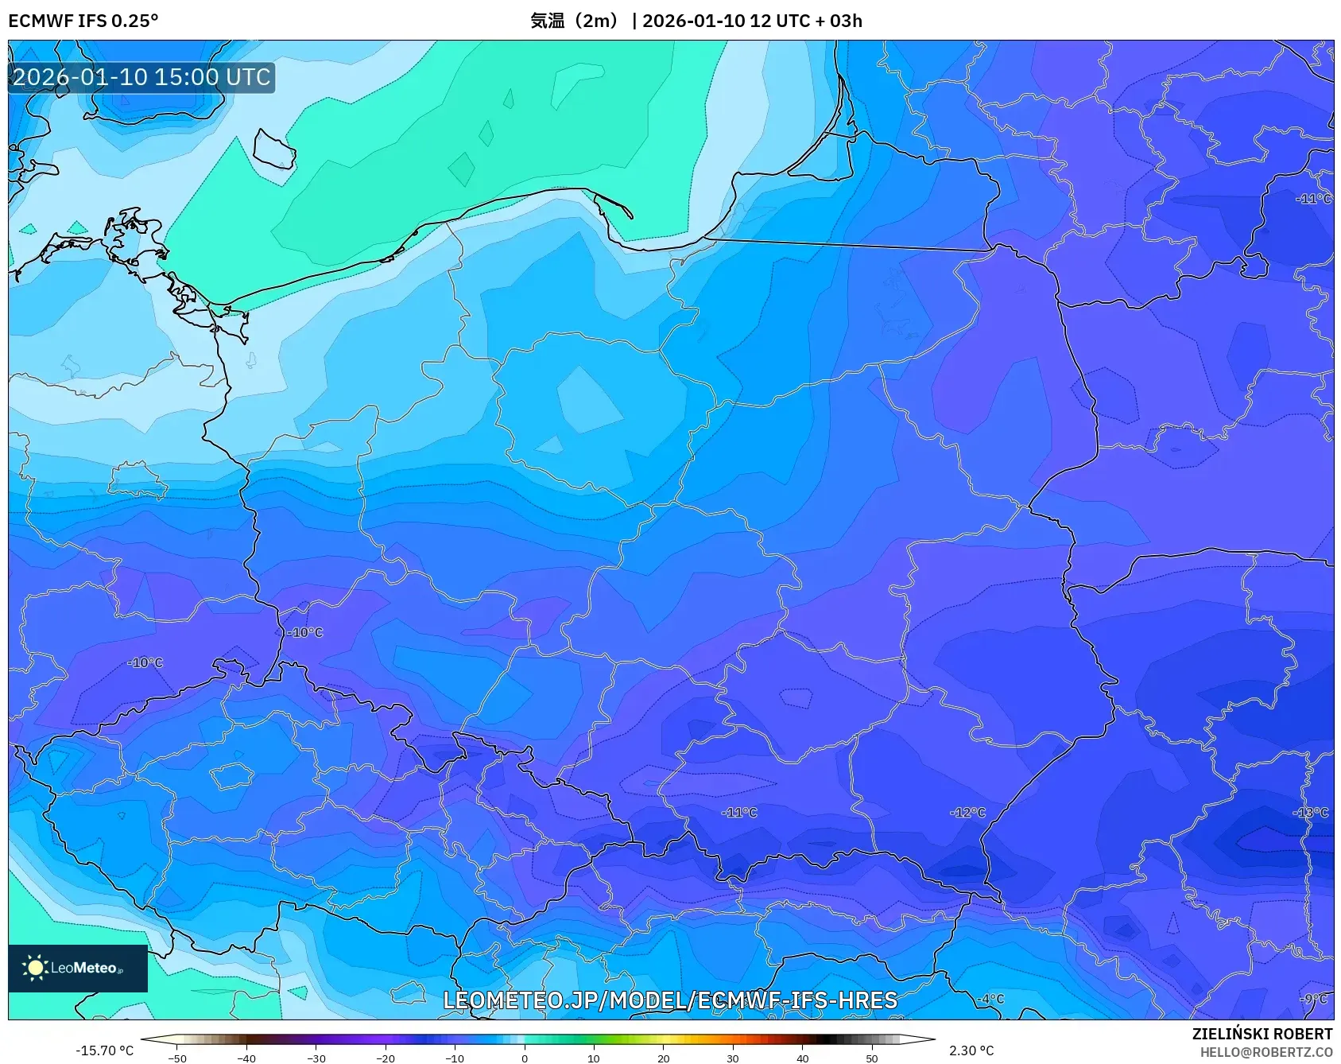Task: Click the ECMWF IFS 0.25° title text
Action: (x=83, y=21)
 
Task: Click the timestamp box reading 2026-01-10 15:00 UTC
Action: (x=141, y=77)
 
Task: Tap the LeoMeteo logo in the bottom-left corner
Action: (x=78, y=968)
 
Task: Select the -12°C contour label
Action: (x=967, y=813)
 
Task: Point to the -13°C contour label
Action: (x=1311, y=813)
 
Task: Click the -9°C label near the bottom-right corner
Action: (x=1314, y=1000)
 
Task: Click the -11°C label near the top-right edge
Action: (x=1313, y=199)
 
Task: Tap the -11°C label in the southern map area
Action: (x=739, y=813)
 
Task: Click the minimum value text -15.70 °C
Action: (x=104, y=1050)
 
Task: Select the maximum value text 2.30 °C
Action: (x=971, y=1050)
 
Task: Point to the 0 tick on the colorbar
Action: (x=525, y=1058)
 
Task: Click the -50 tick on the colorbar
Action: (x=177, y=1058)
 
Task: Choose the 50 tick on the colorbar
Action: (x=872, y=1058)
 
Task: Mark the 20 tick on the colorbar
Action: (x=664, y=1058)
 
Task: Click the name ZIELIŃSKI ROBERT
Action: (x=1262, y=1035)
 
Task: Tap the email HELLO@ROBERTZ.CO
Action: (x=1265, y=1052)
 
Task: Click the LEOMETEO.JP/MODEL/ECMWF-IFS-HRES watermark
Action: (x=670, y=1000)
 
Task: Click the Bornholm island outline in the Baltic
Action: (x=274, y=150)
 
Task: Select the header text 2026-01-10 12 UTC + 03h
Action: (x=752, y=21)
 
